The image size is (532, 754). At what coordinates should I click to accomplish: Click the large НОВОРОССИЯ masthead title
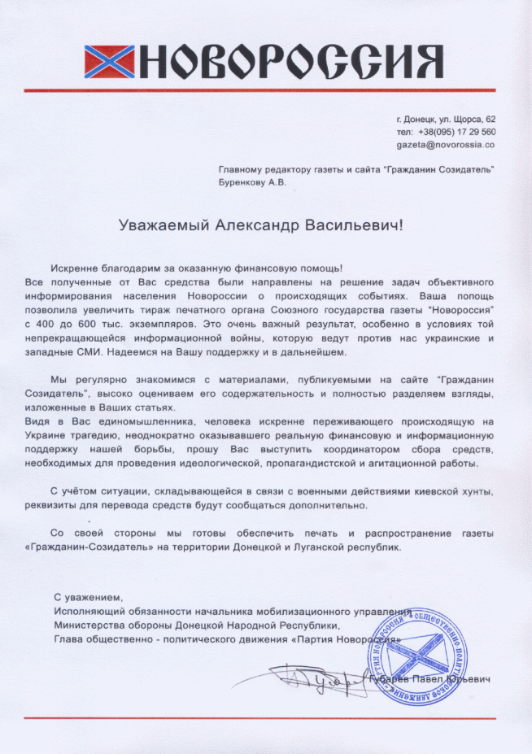(x=293, y=59)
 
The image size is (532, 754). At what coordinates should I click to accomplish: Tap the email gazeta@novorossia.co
(x=446, y=144)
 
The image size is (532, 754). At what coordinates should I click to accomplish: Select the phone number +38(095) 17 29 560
(x=457, y=132)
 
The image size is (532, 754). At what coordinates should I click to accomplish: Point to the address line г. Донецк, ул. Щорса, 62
(x=446, y=120)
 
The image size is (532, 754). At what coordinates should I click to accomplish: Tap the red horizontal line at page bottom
(x=266, y=718)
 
